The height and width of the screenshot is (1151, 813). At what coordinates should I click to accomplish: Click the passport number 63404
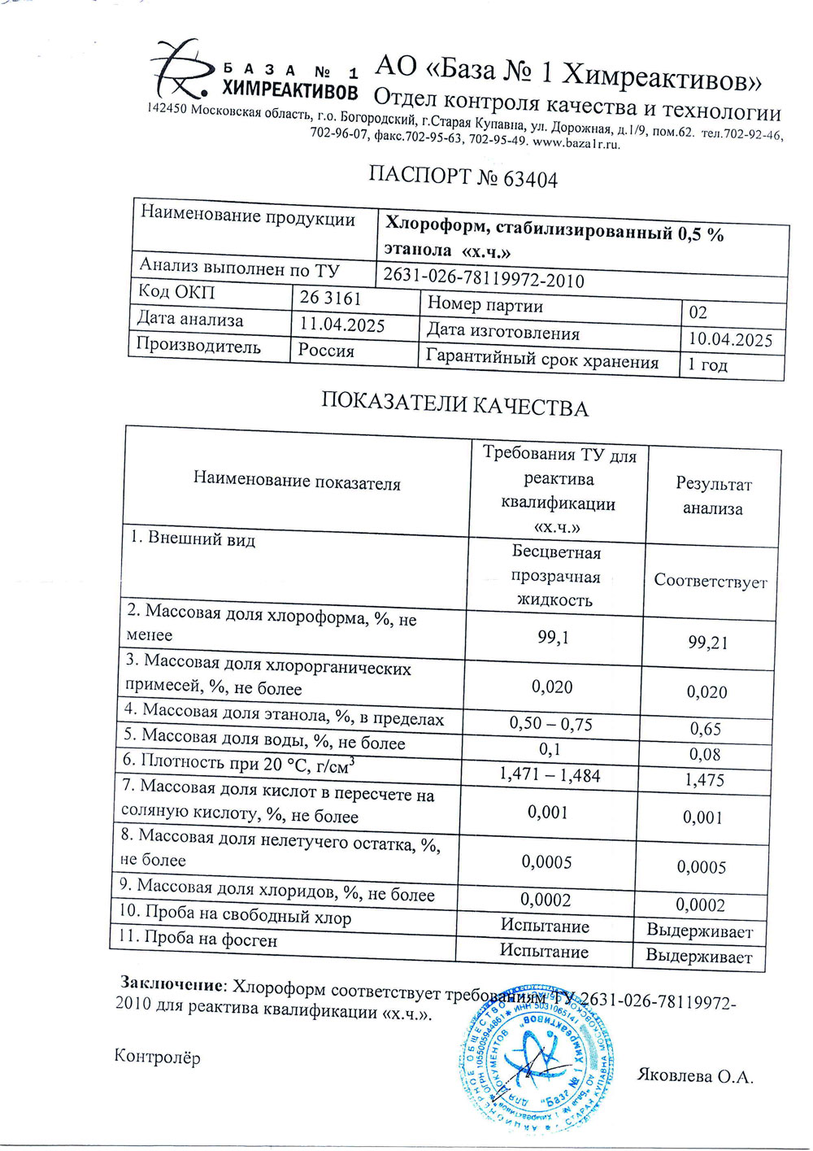[530, 179]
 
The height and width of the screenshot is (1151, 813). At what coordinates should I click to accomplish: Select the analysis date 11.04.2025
[342, 325]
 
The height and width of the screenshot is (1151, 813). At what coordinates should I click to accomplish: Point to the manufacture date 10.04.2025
[729, 339]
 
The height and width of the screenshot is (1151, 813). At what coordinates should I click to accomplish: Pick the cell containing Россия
[326, 351]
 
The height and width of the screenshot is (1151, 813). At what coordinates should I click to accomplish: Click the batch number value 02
[698, 312]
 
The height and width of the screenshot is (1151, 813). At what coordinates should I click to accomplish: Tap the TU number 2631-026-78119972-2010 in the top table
[484, 278]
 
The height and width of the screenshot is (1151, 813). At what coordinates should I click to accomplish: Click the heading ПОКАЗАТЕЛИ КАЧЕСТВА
[454, 405]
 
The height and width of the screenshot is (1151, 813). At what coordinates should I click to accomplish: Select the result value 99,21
[707, 643]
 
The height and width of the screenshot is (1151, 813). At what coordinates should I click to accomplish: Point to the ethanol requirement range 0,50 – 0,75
[550, 723]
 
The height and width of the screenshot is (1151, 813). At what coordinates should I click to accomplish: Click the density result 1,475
[704, 780]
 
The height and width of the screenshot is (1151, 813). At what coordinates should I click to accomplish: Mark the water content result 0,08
[704, 754]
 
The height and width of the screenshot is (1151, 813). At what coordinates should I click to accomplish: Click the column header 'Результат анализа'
[713, 496]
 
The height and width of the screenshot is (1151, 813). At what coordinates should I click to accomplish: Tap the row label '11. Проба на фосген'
[199, 939]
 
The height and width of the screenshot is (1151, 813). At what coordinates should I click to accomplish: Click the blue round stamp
[535, 1057]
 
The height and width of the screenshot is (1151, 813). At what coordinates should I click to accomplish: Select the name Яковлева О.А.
[695, 1075]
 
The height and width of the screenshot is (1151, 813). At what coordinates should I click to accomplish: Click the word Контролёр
[157, 1057]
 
